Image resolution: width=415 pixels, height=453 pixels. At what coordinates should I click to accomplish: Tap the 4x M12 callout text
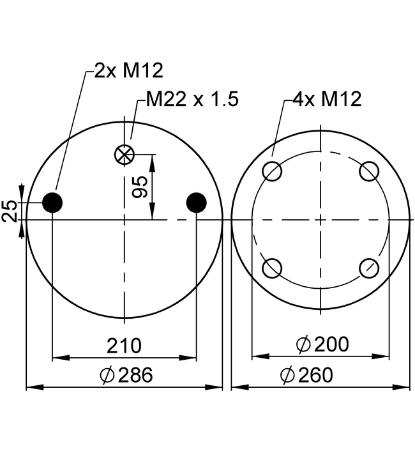(327, 99)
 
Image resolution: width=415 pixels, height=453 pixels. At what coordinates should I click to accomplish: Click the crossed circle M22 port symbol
(123, 154)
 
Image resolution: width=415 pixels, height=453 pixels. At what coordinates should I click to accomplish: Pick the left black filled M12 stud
(52, 203)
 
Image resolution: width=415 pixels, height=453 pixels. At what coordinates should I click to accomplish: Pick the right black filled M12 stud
(196, 203)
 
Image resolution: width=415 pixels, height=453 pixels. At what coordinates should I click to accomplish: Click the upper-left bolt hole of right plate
(273, 171)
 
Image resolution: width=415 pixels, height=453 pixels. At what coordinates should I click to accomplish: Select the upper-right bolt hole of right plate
(369, 171)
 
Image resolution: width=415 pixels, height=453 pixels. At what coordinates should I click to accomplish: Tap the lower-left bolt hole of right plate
(273, 268)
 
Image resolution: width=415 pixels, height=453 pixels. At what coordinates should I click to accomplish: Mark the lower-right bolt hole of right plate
(369, 268)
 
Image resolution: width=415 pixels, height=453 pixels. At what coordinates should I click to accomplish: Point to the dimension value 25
(10, 210)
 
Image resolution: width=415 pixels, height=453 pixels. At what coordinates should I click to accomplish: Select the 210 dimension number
(124, 346)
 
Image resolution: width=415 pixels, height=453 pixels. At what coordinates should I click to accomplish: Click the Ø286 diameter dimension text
(126, 375)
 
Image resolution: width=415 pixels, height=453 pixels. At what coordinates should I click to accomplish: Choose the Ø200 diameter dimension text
(322, 344)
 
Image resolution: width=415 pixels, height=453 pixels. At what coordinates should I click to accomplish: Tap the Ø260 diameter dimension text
(306, 375)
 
